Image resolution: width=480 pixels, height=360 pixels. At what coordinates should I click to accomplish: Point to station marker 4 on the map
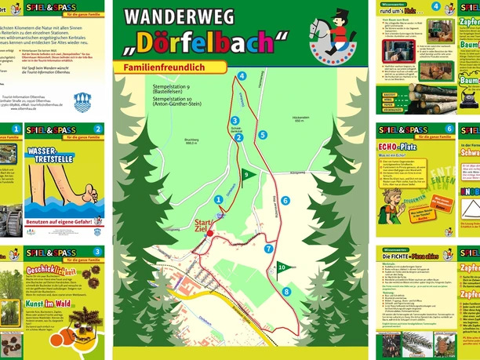click(242, 76)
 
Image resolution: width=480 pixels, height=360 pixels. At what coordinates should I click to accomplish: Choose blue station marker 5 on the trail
click(263, 134)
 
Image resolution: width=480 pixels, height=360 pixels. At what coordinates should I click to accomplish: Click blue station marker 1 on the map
click(217, 200)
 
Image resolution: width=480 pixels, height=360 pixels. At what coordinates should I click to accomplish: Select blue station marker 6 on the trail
click(285, 201)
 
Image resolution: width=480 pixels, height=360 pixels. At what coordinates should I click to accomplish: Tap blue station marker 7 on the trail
click(268, 249)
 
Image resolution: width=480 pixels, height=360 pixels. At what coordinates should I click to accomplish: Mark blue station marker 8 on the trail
click(287, 292)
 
